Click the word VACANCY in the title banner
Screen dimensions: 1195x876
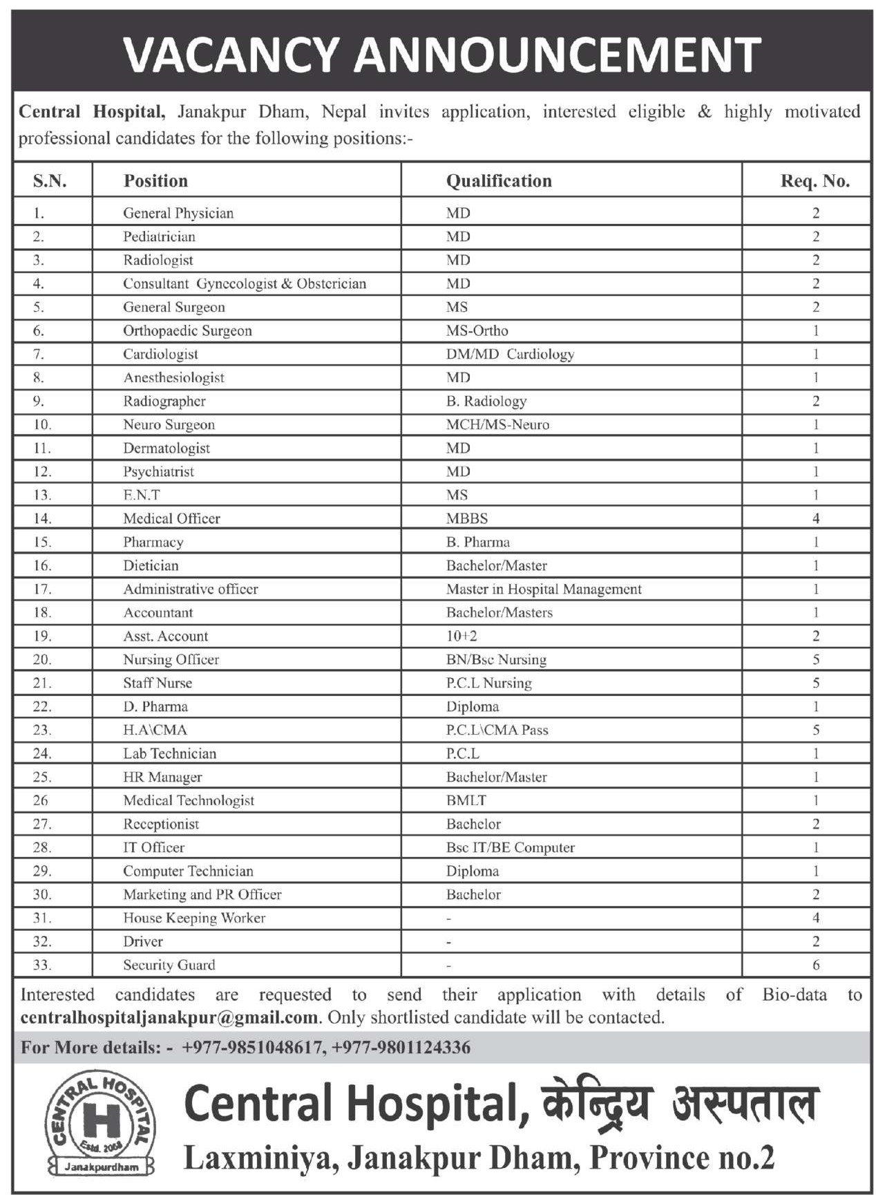[232, 54]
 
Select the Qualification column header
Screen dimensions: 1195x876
[499, 181]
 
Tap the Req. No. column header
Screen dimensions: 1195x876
[815, 181]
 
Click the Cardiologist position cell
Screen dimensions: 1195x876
[160, 355]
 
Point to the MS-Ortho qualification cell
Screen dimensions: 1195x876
[477, 331]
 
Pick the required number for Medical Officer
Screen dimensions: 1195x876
[816, 518]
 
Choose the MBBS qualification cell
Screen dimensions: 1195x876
[467, 518]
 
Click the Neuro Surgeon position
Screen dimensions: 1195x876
[169, 425]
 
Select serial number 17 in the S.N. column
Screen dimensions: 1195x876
[42, 590]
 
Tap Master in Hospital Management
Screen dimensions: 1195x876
[544, 590]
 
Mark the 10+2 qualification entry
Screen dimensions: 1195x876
[461, 637]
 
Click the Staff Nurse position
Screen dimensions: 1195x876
[158, 684]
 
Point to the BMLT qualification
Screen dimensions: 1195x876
[466, 801]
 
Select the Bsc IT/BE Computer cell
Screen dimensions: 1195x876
[510, 848]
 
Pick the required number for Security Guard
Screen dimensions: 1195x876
[816, 966]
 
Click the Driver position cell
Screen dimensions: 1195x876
[143, 942]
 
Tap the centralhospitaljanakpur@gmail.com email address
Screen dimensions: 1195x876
[169, 1018]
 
